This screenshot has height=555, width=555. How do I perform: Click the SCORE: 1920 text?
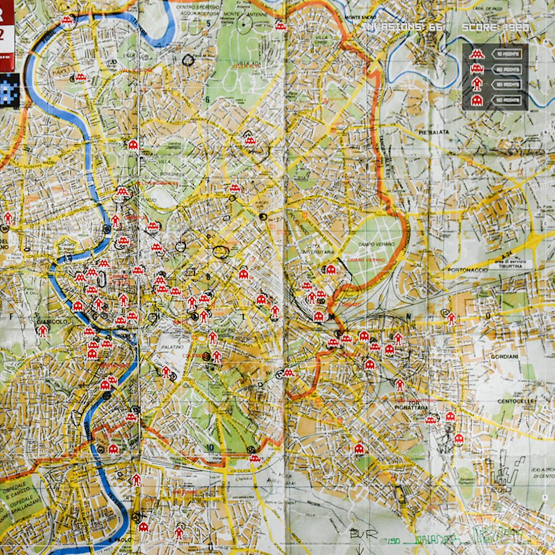(495, 27)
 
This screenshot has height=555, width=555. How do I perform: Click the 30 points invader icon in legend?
(476, 85)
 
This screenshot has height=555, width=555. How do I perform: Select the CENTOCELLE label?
(512, 402)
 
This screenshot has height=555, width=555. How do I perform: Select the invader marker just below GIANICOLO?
(43, 331)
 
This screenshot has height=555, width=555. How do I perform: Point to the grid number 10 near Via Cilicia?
(210, 447)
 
